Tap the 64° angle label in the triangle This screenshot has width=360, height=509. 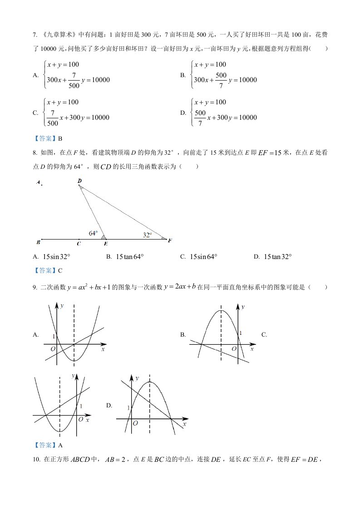point(93,233)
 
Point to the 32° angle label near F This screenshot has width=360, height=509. point(147,235)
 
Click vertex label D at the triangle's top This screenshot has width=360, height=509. point(79,181)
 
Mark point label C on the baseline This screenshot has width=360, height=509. point(79,244)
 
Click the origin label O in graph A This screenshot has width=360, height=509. point(53,348)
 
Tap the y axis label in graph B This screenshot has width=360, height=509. point(243,307)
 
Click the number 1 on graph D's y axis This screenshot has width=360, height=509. point(128,408)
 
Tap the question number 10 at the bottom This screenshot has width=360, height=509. point(36,460)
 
